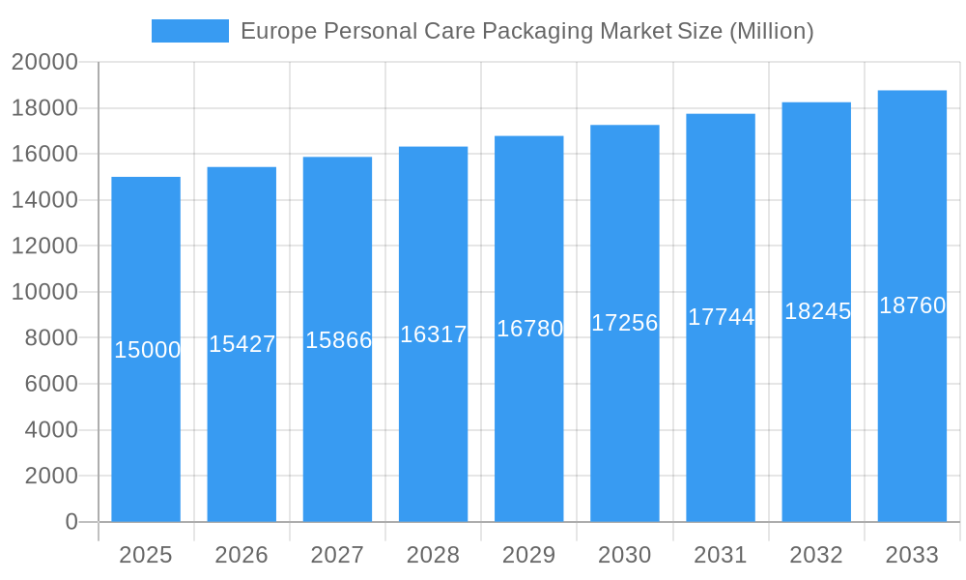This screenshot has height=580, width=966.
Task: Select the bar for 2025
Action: coord(146,435)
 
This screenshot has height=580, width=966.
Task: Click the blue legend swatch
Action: coord(190,31)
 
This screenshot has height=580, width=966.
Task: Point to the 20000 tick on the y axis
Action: coord(44,62)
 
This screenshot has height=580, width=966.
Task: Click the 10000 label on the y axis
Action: coord(44,292)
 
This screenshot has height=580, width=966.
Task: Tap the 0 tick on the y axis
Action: coord(71,522)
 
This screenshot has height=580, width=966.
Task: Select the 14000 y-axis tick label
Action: coord(44,200)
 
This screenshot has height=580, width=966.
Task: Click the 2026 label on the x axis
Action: coord(241,555)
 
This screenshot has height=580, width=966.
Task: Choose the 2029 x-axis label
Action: coord(529,555)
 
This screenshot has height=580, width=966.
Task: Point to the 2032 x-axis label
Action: coord(816,555)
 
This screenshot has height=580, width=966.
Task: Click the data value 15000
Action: coord(148,350)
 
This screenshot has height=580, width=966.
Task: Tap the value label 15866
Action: coord(339,340)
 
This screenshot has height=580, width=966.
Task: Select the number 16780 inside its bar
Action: coord(530,329)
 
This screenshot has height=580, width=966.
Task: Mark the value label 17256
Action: coord(625,323)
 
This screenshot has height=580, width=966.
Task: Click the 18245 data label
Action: coord(818,311)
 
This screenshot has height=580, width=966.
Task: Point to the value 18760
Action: coord(913,305)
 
